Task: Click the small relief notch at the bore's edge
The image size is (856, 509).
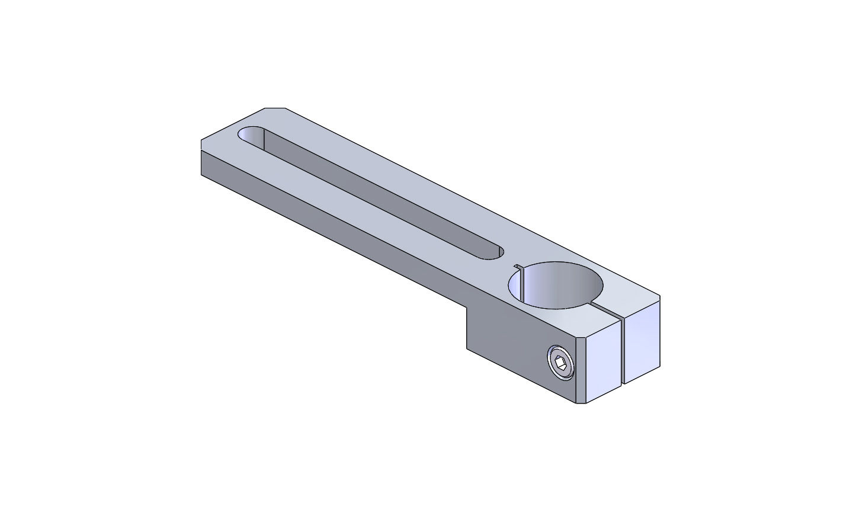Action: pos(517,266)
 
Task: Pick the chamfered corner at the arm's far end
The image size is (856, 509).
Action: pos(275,108)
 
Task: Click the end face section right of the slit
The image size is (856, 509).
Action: pos(643,344)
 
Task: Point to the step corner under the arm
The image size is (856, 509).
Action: pos(467,308)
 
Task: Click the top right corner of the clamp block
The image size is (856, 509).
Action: pos(660,295)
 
